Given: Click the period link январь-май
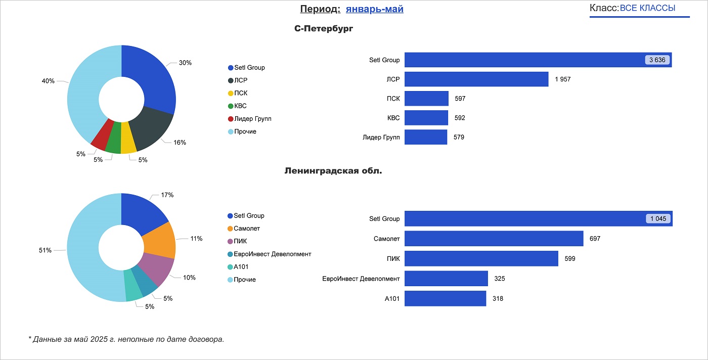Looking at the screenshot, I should [374, 9].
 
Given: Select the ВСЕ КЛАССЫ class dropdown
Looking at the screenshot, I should [647, 8].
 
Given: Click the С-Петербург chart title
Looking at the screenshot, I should [324, 29].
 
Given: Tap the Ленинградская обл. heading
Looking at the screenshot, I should [333, 171].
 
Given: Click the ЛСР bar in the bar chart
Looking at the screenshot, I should [476, 79].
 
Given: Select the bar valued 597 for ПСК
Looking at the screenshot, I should [426, 99].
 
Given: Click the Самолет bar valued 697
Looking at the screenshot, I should [494, 239].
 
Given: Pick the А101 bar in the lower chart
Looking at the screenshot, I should [445, 298].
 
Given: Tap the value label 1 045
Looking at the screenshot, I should [658, 219].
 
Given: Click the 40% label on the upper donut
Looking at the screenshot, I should [48, 81].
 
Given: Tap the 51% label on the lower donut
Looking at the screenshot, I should [45, 250].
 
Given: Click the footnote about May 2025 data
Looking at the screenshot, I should [126, 339].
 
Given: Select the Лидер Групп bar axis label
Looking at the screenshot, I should [381, 137].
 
